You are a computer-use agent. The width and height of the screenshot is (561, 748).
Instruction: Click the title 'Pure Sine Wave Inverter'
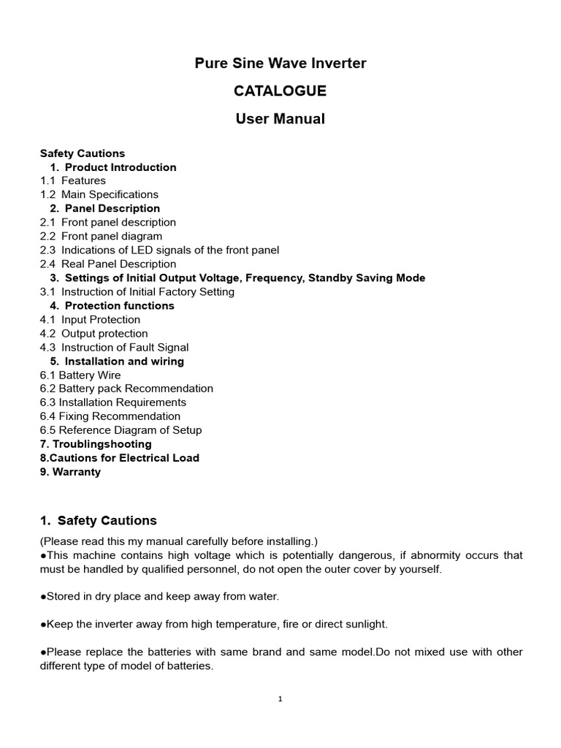[280, 64]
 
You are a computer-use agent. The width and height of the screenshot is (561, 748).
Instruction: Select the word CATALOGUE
[280, 91]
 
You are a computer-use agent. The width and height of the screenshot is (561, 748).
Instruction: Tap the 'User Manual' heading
[280, 119]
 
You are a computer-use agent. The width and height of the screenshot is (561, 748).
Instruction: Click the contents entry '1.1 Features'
[73, 180]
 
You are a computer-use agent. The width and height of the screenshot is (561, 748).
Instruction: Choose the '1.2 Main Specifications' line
[99, 194]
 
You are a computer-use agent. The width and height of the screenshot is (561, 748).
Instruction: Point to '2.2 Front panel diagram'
[102, 236]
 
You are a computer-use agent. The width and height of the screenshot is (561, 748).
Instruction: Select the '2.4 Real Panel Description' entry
[108, 264]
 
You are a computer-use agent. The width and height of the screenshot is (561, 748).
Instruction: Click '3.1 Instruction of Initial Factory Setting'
[137, 291]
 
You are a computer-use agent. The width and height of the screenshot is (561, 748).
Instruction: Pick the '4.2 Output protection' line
[94, 333]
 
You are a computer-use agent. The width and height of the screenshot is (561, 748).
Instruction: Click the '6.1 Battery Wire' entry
[80, 375]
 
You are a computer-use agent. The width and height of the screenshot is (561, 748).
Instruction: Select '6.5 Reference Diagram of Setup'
[121, 430]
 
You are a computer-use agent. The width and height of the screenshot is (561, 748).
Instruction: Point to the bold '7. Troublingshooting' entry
[96, 444]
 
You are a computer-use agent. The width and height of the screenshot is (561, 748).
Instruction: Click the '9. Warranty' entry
[70, 472]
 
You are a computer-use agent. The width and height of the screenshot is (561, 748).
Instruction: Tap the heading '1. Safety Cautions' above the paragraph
[98, 521]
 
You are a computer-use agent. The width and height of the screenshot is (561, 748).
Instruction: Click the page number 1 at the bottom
[280, 699]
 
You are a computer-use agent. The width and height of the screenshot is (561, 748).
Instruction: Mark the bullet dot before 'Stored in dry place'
[43, 597]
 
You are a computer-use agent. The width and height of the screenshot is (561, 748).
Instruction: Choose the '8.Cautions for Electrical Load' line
[120, 458]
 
